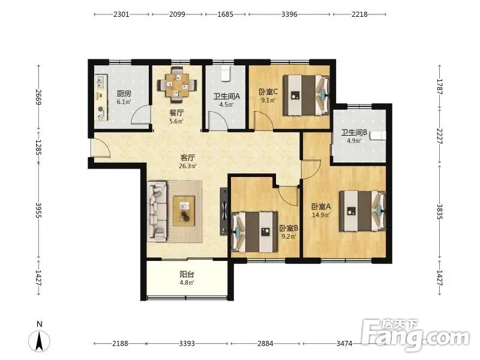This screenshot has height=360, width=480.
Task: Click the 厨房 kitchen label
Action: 124,93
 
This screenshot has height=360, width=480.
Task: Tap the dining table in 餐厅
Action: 177,84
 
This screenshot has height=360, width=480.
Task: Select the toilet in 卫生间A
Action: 226,73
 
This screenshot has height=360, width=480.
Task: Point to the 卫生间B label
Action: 354,133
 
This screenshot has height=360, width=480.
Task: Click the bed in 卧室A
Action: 362,211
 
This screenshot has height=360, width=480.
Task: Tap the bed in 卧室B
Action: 254,232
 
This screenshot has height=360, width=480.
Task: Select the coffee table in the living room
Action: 184,211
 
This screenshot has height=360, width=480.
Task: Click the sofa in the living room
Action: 157,211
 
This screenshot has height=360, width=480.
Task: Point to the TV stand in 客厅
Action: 224,212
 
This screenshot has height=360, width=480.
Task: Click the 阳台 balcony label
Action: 187,274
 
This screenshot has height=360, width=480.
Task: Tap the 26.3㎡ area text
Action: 188,166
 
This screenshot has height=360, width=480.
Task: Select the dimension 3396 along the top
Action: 289,14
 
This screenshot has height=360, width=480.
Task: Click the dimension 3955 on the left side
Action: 38,211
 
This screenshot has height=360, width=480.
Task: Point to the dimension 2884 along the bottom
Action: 265,343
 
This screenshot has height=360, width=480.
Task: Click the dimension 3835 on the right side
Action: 440,212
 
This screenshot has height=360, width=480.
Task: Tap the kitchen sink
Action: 100,81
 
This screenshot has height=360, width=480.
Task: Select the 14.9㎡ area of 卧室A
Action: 321,215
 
